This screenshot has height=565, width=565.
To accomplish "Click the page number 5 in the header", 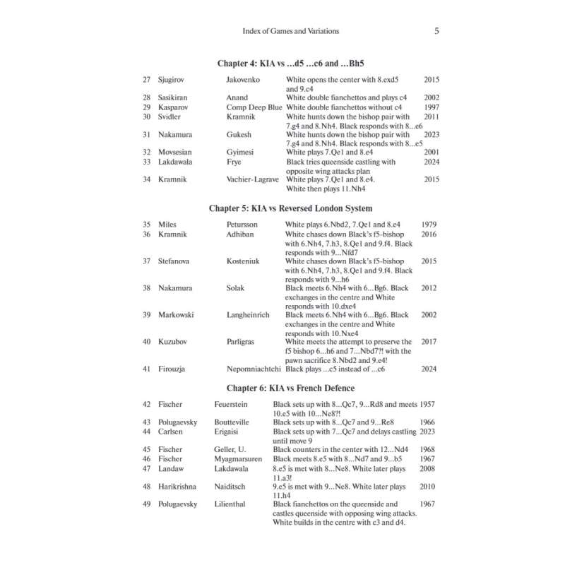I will [437, 31].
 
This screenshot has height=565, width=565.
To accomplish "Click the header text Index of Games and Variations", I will [291, 31].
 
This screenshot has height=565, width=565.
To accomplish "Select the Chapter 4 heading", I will [290, 64].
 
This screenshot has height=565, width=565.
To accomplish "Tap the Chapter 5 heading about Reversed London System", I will [291, 208].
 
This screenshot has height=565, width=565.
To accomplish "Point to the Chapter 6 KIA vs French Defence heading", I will [290, 388].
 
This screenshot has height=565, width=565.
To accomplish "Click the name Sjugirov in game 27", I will [173, 80].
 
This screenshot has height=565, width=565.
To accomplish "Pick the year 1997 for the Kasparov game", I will [432, 107].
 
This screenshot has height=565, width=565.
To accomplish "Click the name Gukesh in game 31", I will [240, 134].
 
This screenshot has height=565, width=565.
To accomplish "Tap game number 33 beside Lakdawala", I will [146, 162].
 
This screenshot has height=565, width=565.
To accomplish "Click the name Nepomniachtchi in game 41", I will [249, 369].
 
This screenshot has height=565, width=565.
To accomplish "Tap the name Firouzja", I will [174, 369].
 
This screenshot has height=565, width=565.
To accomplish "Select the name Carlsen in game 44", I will [172, 432].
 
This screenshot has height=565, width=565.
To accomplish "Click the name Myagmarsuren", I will [239, 458].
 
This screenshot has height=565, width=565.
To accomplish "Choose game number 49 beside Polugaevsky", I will [146, 504].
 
